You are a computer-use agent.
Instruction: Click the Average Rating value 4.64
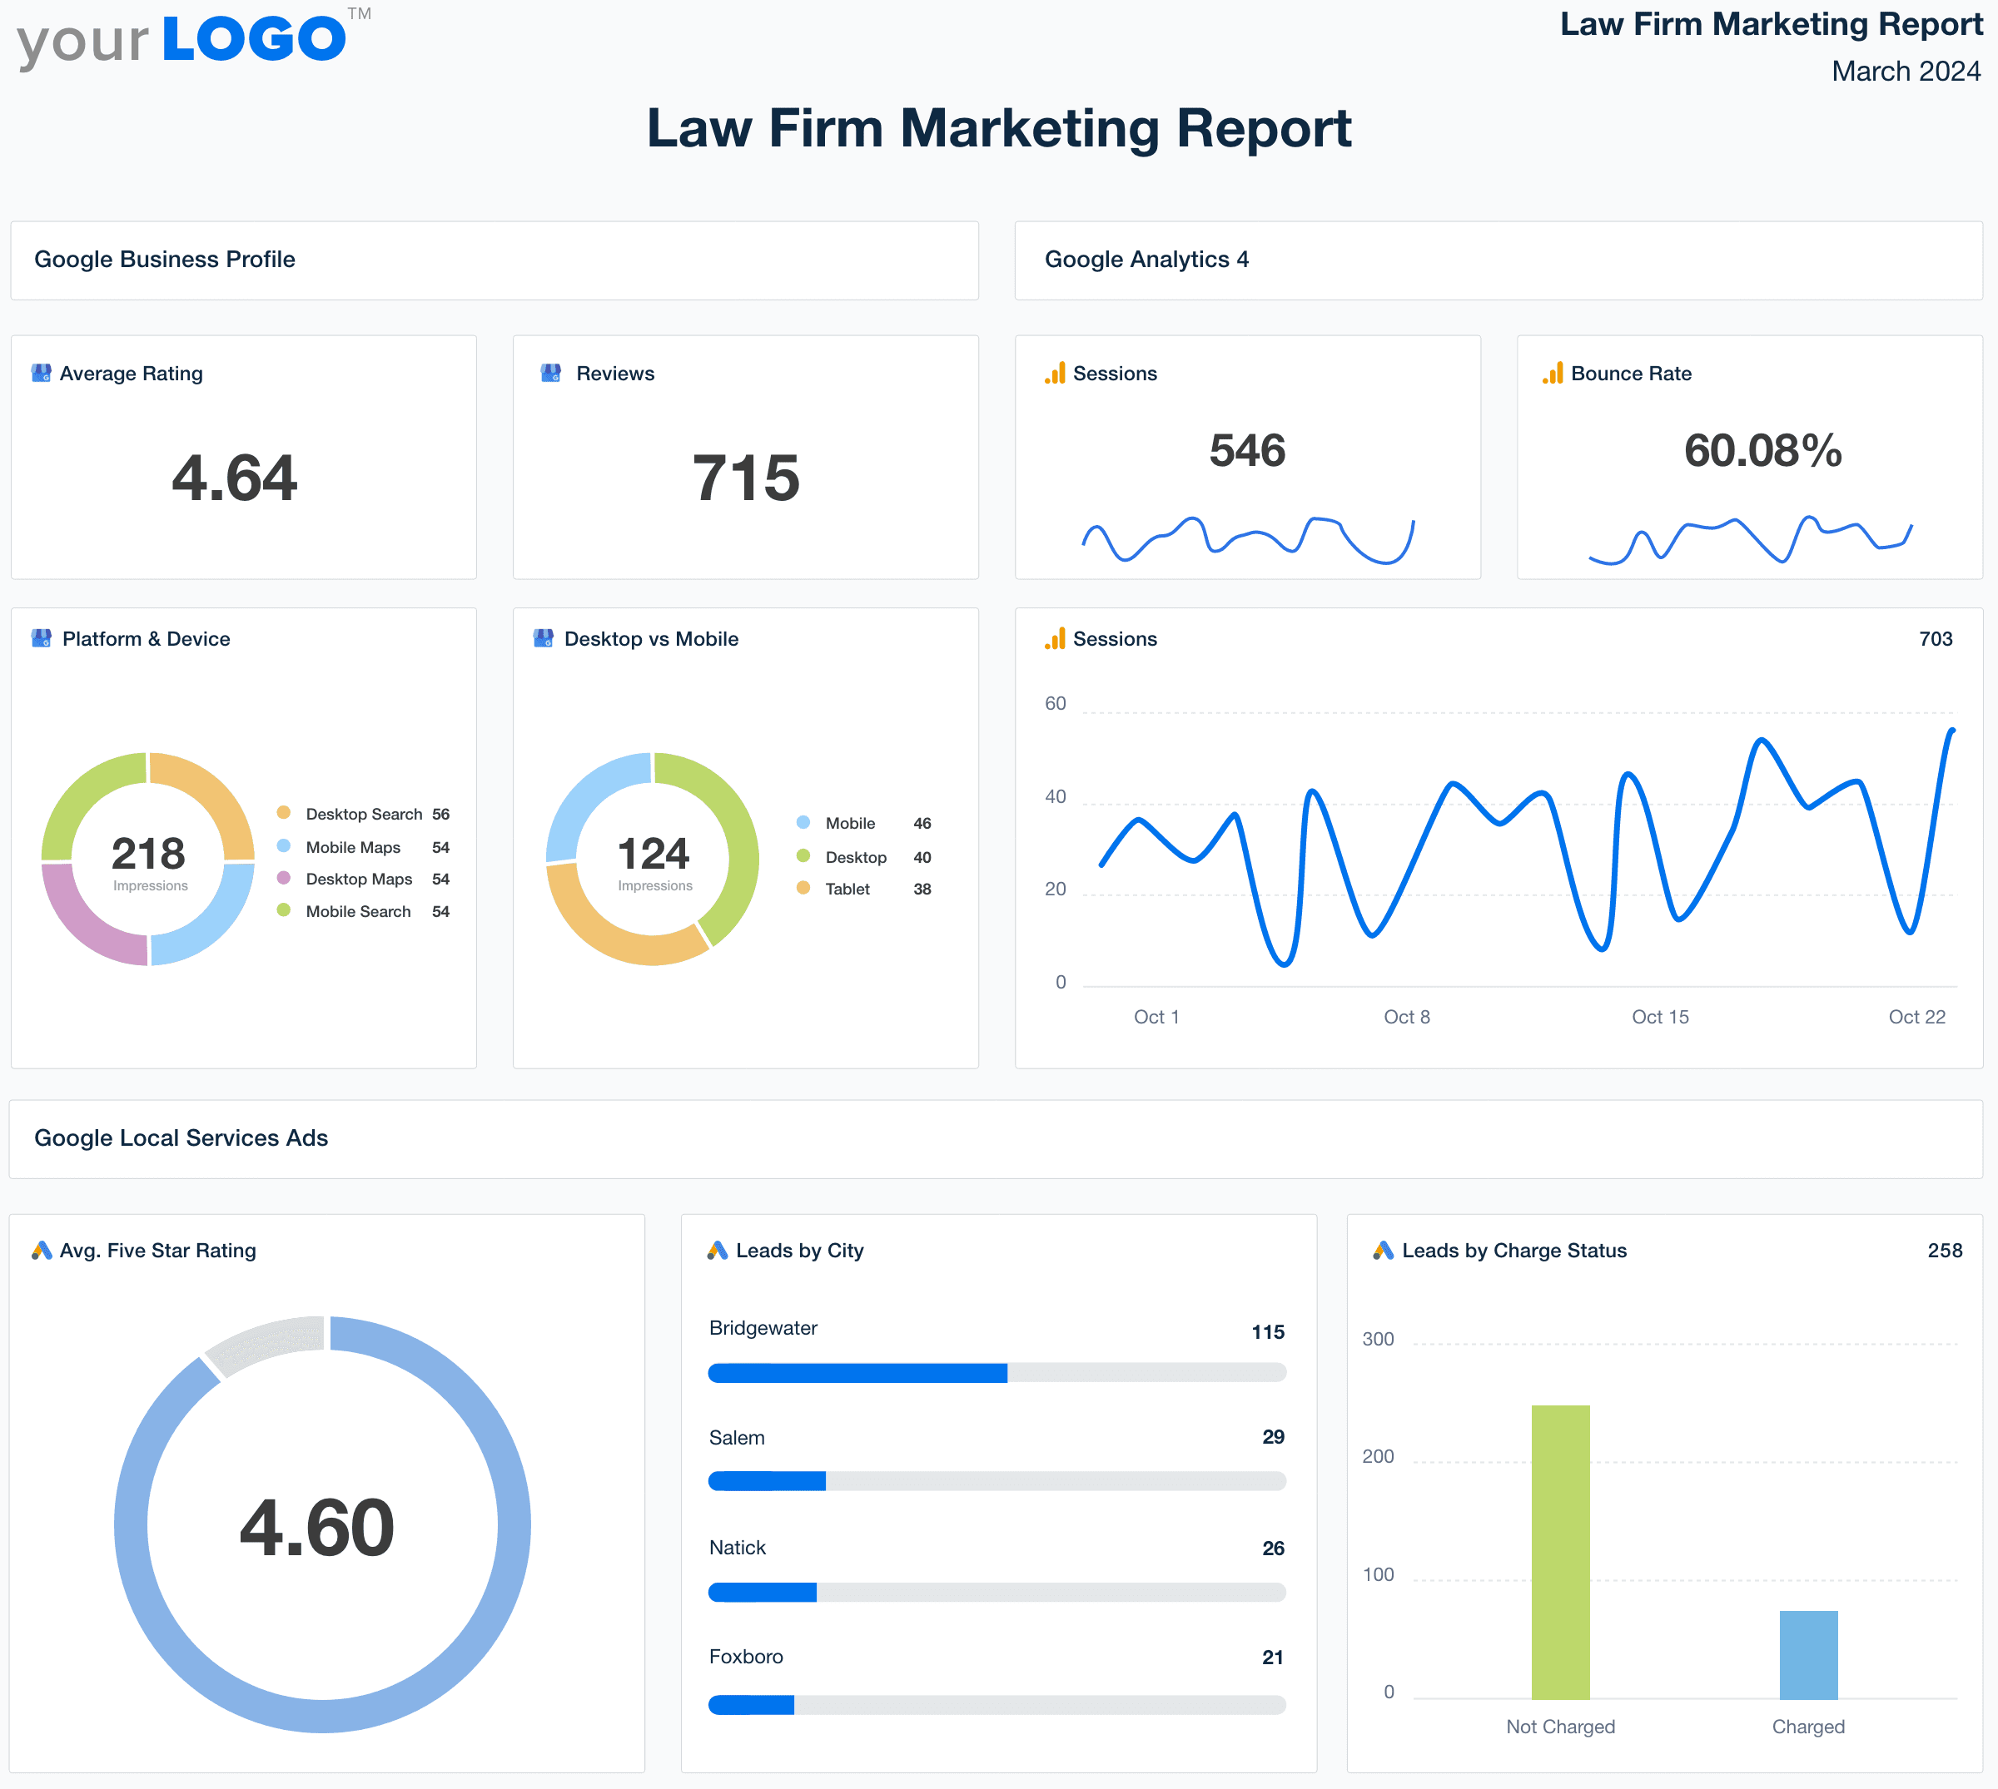(234, 478)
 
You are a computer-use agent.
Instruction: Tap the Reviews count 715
(745, 478)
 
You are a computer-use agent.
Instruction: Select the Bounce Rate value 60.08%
(1762, 451)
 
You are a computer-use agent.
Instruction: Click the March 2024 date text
(1905, 72)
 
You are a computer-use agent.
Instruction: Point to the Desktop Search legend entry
(363, 814)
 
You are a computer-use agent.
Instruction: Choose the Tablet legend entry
(847, 889)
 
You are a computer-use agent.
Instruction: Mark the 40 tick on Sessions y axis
(1055, 796)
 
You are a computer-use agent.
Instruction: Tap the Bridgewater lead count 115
(1267, 1332)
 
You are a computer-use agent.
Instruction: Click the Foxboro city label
(745, 1657)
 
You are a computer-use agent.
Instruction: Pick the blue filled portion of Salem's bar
(767, 1481)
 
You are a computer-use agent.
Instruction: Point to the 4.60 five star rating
(316, 1528)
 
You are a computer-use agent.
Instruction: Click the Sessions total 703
(1935, 639)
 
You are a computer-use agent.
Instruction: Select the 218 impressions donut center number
(148, 853)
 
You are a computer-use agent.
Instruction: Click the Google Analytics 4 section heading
(1146, 260)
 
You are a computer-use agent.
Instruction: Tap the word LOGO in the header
(254, 39)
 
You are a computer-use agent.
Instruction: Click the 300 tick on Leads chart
(1378, 1339)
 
